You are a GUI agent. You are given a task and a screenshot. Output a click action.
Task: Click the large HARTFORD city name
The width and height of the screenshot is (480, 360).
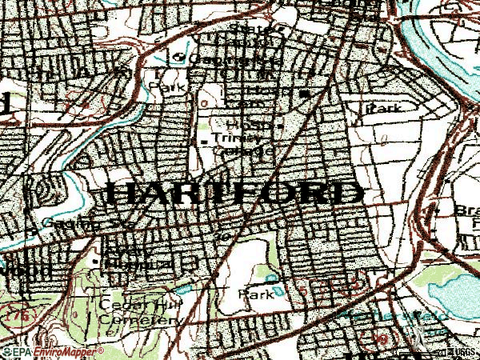coord(232,194)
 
